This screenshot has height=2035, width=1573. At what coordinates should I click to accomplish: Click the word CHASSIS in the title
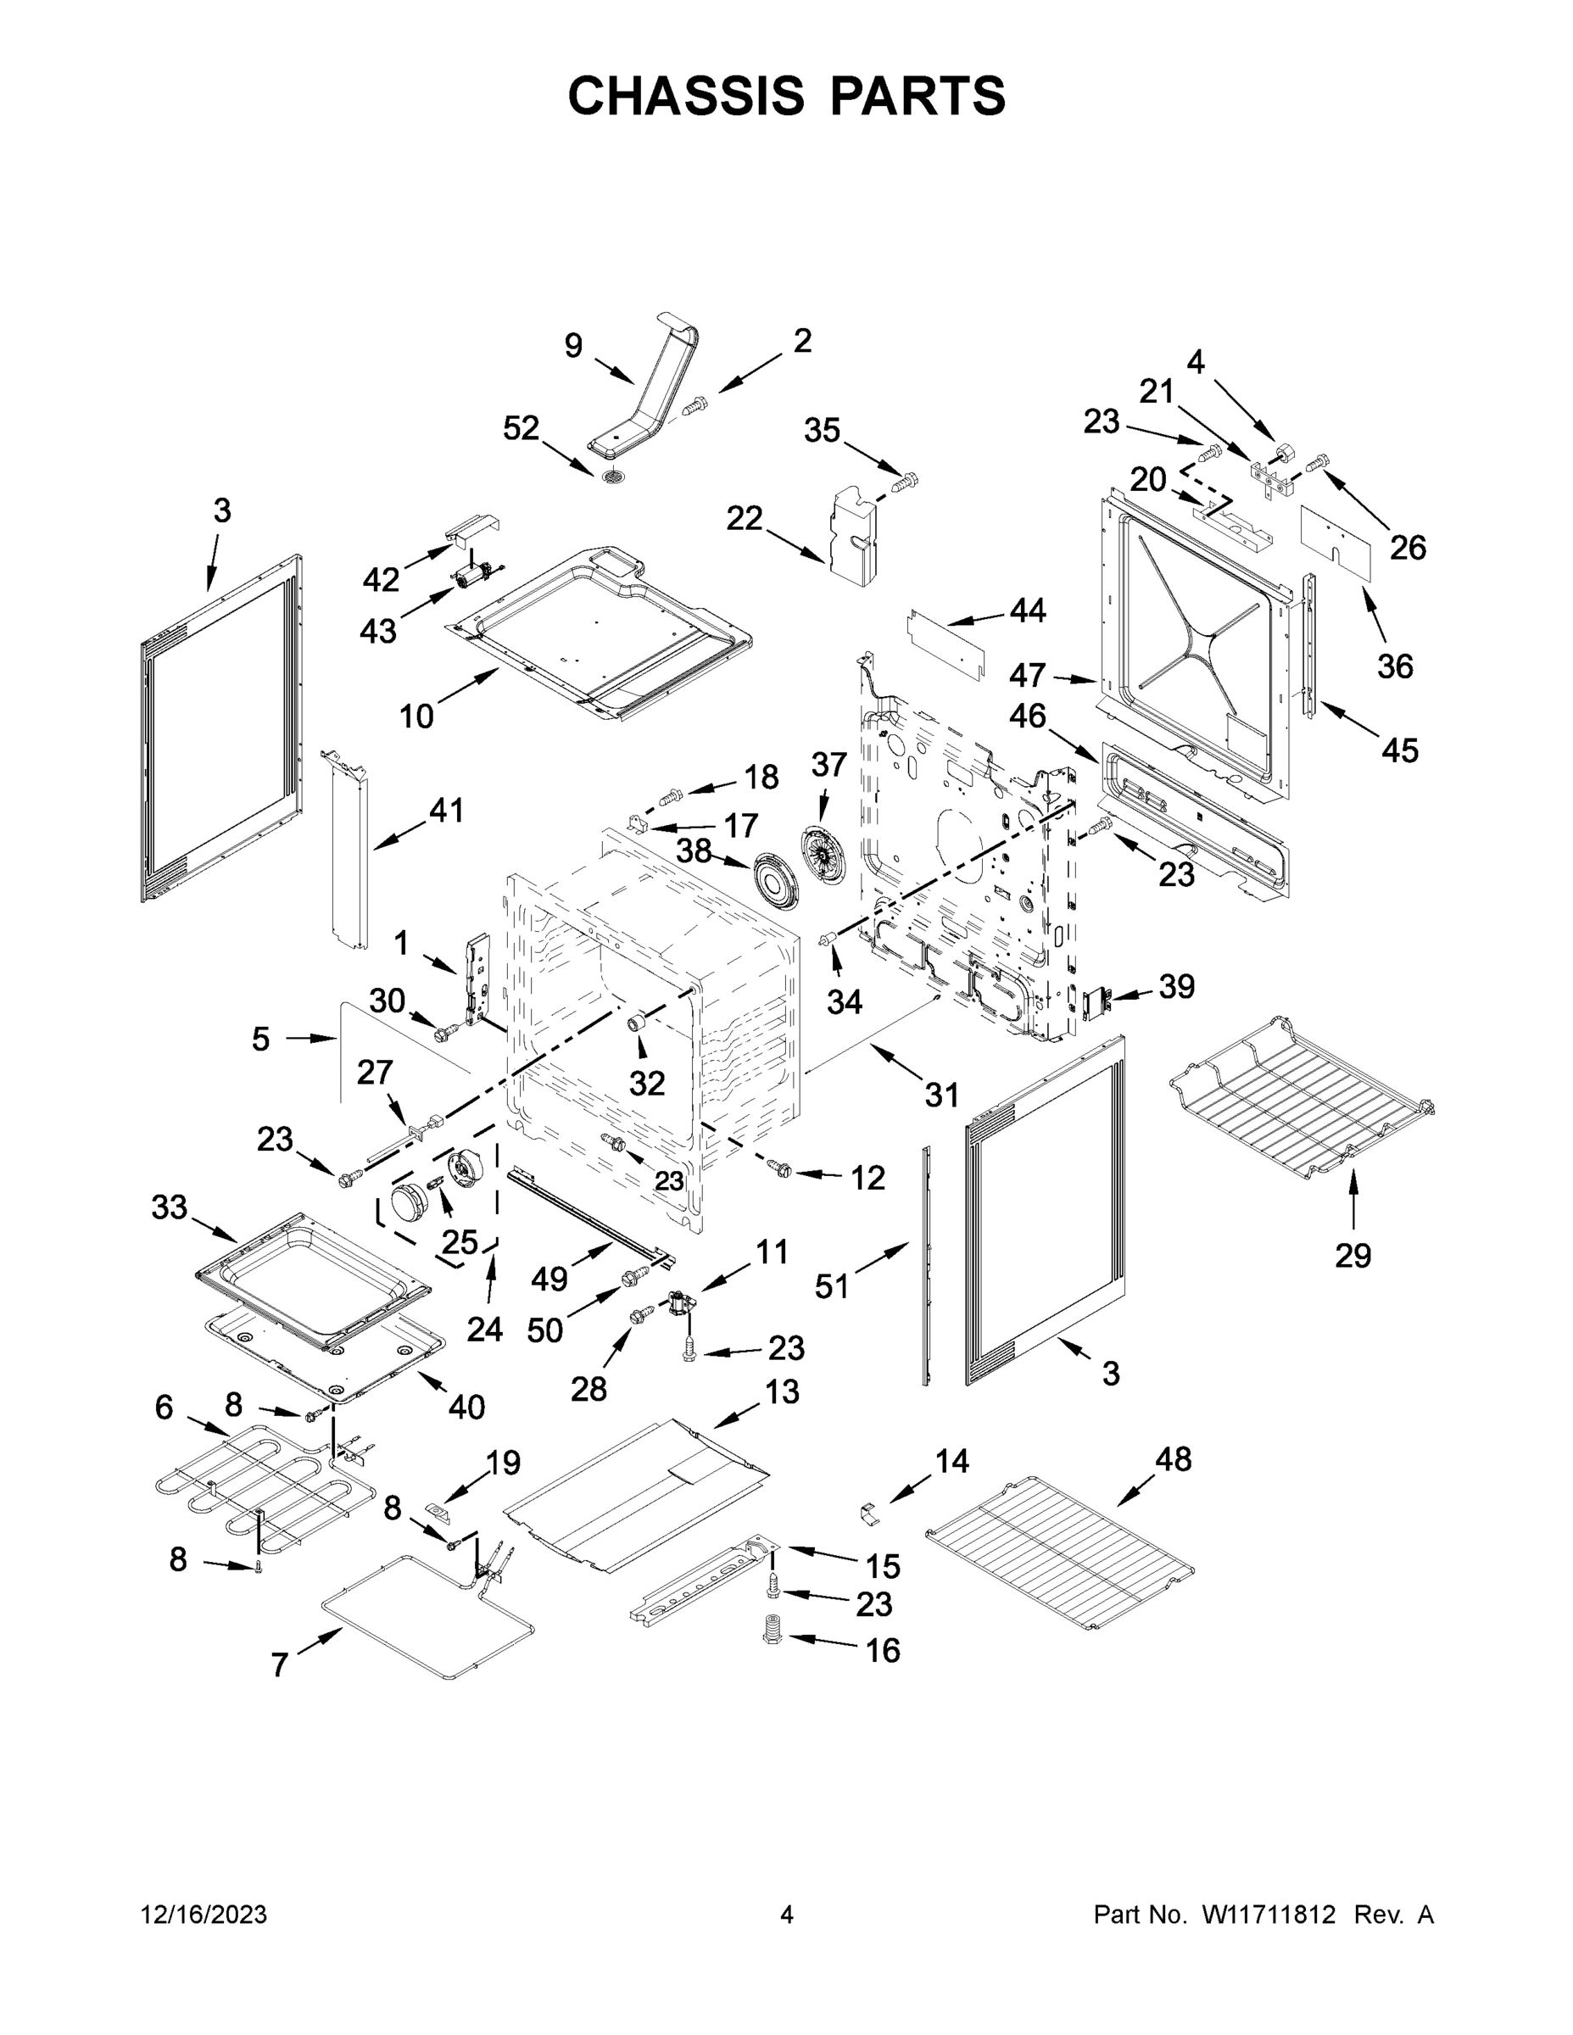click(x=687, y=95)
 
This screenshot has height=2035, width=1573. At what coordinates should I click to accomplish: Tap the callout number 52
click(x=521, y=428)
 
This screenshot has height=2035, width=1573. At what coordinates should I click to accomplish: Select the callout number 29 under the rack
click(x=1353, y=1256)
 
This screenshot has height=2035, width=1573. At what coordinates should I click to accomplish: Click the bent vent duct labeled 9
click(x=652, y=392)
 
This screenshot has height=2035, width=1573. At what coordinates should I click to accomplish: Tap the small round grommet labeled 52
click(x=613, y=478)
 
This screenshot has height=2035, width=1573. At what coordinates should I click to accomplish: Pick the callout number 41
click(x=446, y=811)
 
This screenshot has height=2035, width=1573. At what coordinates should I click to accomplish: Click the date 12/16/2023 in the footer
click(x=204, y=1915)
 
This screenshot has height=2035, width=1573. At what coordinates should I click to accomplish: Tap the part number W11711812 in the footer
click(x=1269, y=1915)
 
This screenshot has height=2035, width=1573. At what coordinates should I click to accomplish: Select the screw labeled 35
click(x=904, y=482)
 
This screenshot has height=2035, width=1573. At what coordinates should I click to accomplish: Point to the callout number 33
click(x=170, y=1207)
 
